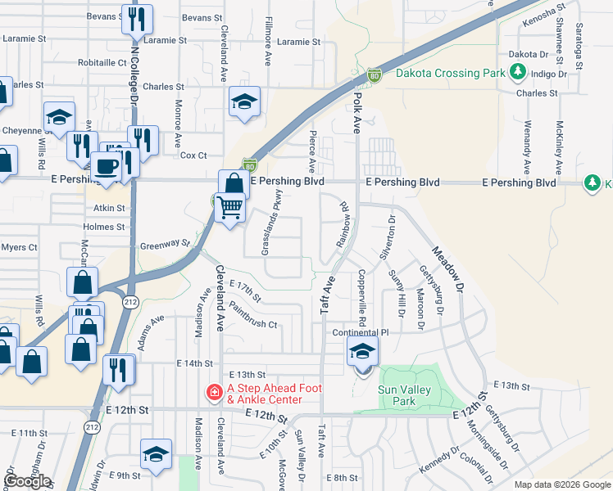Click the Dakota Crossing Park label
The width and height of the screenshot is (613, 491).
pyautogui.click(x=449, y=73)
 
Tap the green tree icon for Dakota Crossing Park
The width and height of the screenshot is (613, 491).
pyautogui.click(x=517, y=73)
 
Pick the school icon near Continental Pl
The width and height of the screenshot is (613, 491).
pyautogui.click(x=361, y=353)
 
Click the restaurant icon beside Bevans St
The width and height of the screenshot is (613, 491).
pyautogui.click(x=137, y=19)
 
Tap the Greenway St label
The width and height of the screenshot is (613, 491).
pyautogui.click(x=165, y=243)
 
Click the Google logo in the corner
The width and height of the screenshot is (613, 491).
pyautogui.click(x=27, y=481)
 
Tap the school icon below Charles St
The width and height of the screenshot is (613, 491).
pyautogui.click(x=244, y=102)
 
